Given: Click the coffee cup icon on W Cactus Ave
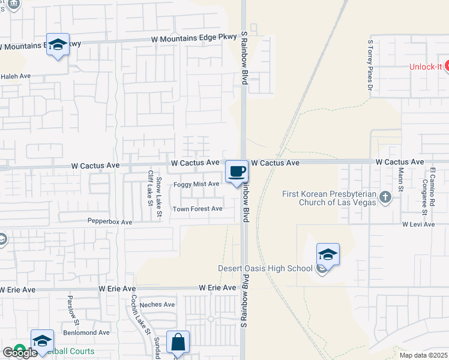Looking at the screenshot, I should [x=237, y=172].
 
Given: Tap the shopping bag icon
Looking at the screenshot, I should [x=178, y=343].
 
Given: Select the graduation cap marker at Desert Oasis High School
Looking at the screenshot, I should [x=328, y=255].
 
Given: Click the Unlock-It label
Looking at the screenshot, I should [x=426, y=67].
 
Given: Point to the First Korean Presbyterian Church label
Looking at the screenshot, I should [x=329, y=198].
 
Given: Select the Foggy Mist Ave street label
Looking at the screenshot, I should [x=196, y=184].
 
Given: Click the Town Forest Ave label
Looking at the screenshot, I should [x=197, y=209].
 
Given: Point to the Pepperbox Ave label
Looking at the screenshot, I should [x=110, y=222].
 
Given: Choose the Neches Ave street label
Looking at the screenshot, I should [x=157, y=305].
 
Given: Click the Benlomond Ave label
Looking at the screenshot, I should [x=87, y=332].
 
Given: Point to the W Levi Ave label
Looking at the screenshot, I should [x=418, y=224].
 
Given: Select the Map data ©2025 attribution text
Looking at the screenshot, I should [x=423, y=355].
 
